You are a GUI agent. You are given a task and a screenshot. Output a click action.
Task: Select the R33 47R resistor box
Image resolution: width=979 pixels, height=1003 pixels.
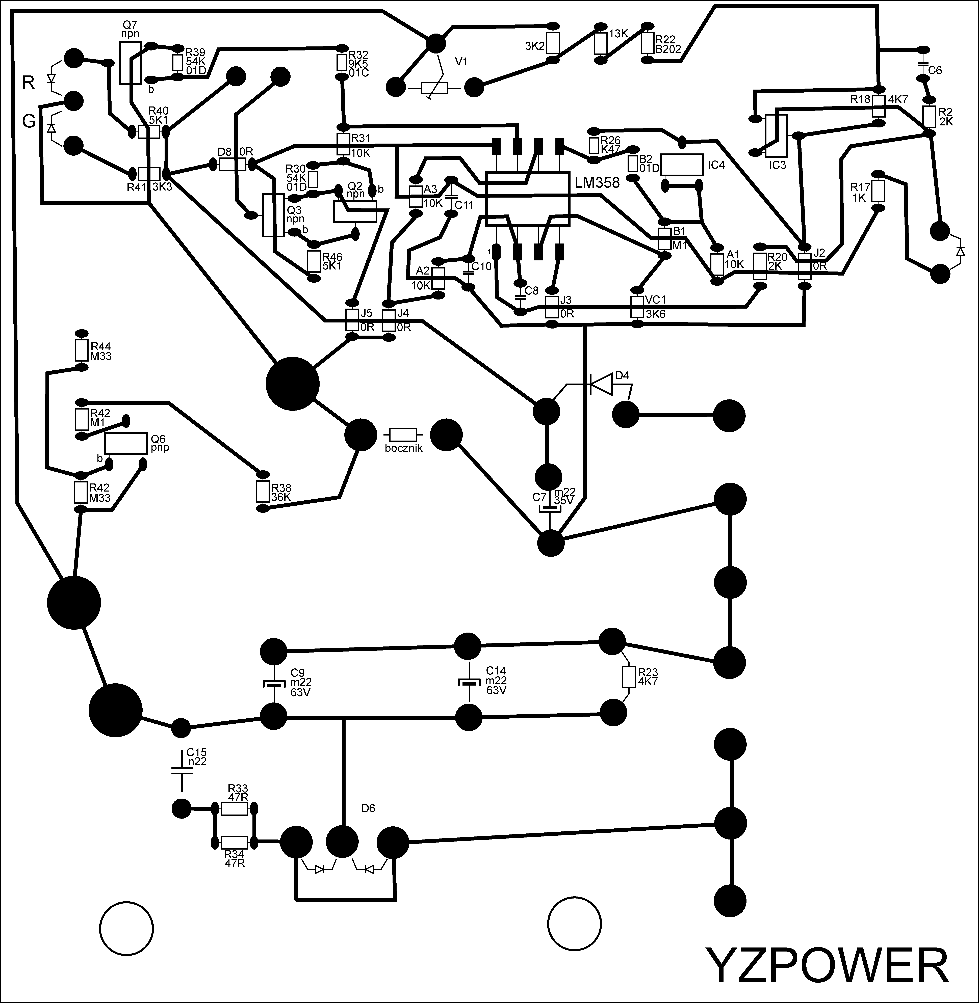click(x=235, y=809)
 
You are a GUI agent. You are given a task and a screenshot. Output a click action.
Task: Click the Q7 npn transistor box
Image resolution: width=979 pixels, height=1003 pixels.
click(x=130, y=63)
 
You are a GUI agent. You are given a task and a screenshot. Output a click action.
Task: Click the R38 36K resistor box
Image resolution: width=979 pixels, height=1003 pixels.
click(x=263, y=492)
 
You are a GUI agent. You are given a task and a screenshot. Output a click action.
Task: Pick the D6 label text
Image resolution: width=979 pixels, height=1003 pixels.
click(x=368, y=808)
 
